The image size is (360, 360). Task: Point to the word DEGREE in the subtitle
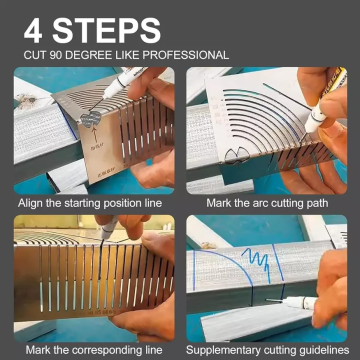[x=88, y=54]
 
